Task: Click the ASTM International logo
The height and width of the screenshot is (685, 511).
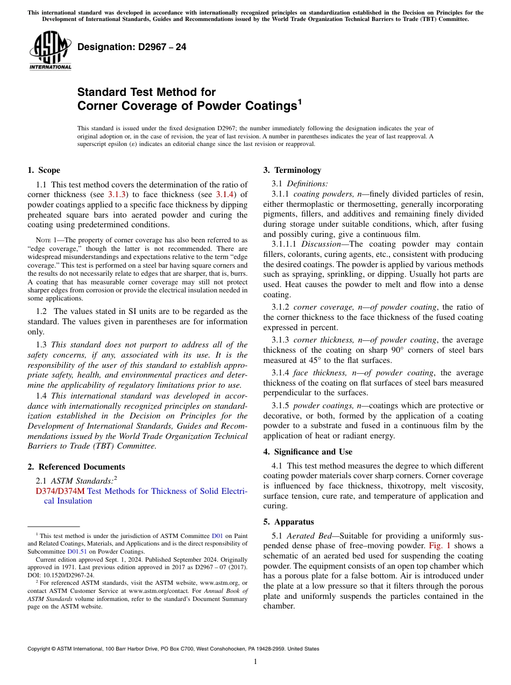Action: click(x=50, y=51)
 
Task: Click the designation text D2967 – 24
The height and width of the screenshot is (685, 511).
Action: click(x=132, y=47)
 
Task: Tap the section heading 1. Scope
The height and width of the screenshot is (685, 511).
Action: click(x=44, y=170)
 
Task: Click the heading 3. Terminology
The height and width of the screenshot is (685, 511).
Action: click(x=292, y=170)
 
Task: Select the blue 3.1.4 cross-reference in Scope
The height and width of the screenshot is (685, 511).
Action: click(x=224, y=194)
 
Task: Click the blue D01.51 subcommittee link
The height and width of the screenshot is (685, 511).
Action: click(x=77, y=551)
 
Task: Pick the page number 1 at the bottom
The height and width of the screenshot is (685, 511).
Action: click(x=256, y=662)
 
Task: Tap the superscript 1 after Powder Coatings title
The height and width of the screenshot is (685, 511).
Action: click(x=300, y=101)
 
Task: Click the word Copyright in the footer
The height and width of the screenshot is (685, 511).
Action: click(x=41, y=649)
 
